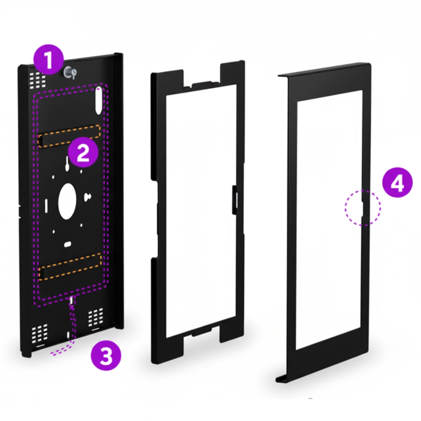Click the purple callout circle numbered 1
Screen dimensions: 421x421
[48, 59]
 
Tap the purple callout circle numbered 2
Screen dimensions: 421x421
[83, 152]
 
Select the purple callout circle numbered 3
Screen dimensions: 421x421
[106, 356]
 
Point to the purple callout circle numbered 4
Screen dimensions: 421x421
[397, 183]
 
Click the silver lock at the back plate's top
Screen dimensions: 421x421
[70, 72]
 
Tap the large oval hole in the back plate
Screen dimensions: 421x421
[67, 201]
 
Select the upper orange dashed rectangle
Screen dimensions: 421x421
[70, 135]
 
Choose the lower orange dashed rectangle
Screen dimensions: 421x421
[70, 267]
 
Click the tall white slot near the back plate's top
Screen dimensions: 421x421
[98, 100]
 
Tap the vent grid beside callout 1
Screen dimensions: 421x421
[38, 80]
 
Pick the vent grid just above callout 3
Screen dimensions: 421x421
[96, 317]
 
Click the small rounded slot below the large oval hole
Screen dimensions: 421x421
[67, 244]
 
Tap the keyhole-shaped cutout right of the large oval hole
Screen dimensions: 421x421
[87, 197]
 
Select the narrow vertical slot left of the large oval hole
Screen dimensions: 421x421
[46, 206]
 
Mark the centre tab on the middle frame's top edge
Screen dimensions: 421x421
[202, 84]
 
